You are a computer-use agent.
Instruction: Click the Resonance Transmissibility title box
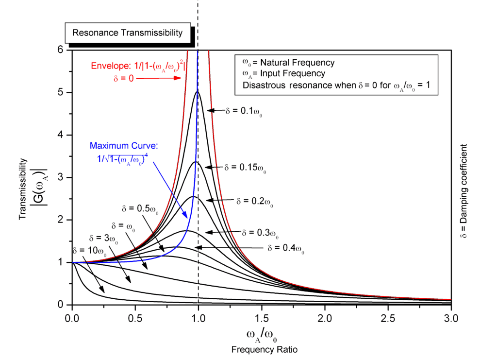pyautogui.click(x=128, y=33)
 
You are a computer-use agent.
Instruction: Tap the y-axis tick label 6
pyautogui.click(x=61, y=50)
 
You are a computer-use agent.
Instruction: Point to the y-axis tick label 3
pyautogui.click(x=61, y=177)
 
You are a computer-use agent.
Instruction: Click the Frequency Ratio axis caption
pyautogui.click(x=261, y=349)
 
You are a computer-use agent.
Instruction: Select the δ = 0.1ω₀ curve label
pyautogui.click(x=246, y=111)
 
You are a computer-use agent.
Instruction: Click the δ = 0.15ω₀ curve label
pyautogui.click(x=246, y=167)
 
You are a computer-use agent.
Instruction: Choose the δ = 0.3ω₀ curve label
pyautogui.click(x=260, y=233)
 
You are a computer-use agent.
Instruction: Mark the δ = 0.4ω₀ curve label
pyautogui.click(x=286, y=249)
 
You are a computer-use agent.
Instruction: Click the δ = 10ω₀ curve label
pyautogui.click(x=88, y=250)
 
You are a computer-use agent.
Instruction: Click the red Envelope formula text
pyautogui.click(x=138, y=67)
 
